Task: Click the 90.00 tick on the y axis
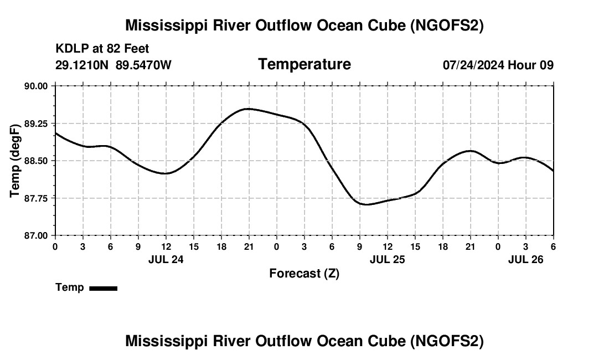point(36,86)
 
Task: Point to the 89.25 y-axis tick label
point(36,124)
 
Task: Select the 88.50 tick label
point(36,161)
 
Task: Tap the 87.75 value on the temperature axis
point(36,198)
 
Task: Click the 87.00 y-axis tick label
point(36,235)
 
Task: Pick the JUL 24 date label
point(166,259)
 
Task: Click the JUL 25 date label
point(388,259)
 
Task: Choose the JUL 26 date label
point(526,259)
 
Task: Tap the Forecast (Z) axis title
point(304,273)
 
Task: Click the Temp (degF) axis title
point(16,161)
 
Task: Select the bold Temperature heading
point(304,64)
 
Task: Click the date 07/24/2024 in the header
point(473,65)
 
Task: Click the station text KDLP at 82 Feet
point(102,49)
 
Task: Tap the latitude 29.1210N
point(83,65)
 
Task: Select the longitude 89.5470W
point(143,65)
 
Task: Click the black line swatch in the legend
point(103,288)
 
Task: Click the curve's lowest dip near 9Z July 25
point(366,204)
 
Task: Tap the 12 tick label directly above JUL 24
point(166,246)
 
